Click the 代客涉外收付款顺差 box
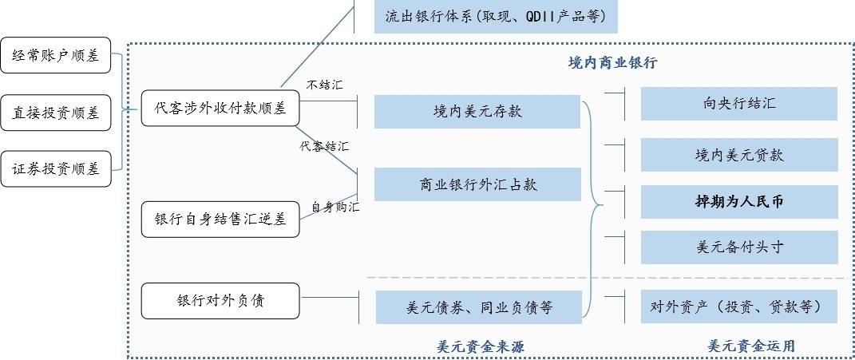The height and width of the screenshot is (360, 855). [220, 108]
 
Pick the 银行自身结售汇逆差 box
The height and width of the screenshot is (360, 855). [220, 220]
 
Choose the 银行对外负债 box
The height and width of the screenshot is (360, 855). [220, 301]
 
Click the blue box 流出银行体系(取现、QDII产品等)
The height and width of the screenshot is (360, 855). [495, 16]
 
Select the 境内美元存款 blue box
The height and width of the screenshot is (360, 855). [477, 111]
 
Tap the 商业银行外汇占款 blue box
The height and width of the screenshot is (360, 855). [477, 184]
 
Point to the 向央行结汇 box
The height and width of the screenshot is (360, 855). [738, 104]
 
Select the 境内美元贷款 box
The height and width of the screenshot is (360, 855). [738, 155]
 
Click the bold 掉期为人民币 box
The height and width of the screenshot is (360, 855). [738, 202]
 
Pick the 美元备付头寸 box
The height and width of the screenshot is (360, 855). [738, 247]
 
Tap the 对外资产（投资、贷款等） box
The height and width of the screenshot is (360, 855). [738, 307]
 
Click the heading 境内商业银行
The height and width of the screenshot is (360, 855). [612, 63]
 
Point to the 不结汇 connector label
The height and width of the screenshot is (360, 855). [325, 85]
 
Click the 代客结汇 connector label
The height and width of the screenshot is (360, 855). [324, 147]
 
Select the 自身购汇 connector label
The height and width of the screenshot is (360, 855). [335, 208]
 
